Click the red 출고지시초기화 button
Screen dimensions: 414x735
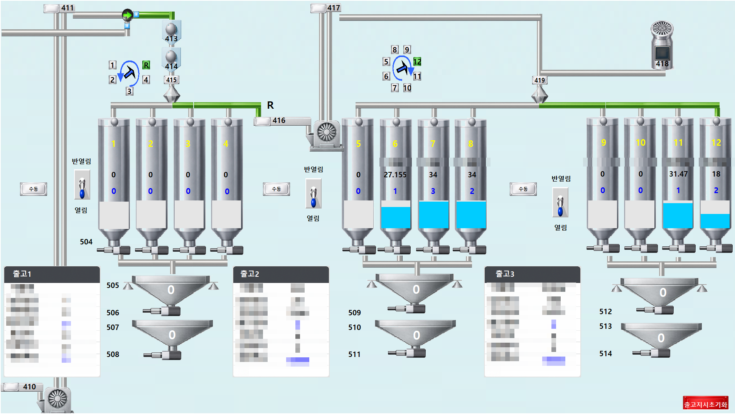(x=705, y=404)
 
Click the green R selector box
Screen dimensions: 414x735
(x=146, y=65)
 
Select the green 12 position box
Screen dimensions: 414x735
(x=417, y=62)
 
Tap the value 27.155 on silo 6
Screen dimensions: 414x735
(x=395, y=175)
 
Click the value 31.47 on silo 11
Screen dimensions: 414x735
(x=678, y=174)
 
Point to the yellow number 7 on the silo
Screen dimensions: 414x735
(x=433, y=144)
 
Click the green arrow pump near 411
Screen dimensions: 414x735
(x=127, y=15)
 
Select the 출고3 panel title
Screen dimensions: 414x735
(x=505, y=274)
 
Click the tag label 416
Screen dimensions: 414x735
(x=278, y=120)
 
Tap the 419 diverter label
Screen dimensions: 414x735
(x=539, y=80)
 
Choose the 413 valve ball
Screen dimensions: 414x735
(x=171, y=29)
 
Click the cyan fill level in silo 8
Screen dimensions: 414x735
(x=471, y=214)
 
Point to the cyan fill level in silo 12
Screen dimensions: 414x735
(x=715, y=220)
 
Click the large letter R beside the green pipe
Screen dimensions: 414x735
(x=270, y=105)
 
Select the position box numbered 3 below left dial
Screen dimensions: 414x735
(x=130, y=91)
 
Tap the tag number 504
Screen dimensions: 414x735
(x=86, y=242)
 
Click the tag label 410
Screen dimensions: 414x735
(x=29, y=387)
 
